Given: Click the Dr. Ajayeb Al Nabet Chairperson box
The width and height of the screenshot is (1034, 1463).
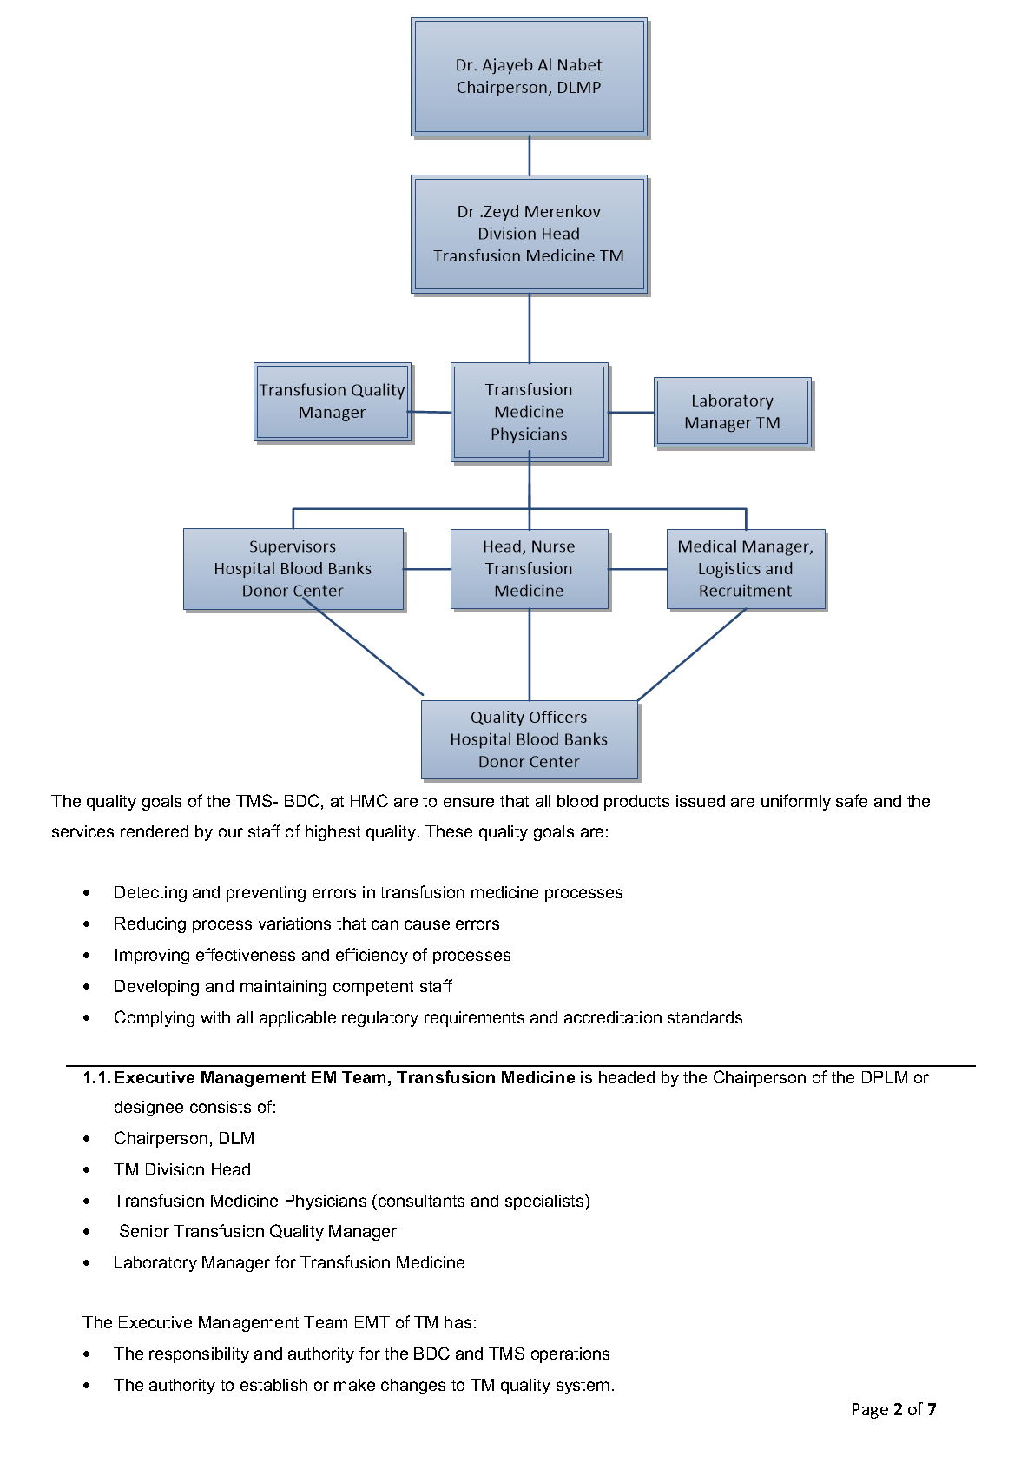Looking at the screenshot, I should pos(529,76).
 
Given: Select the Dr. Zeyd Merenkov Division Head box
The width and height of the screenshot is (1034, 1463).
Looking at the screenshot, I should pos(529,234).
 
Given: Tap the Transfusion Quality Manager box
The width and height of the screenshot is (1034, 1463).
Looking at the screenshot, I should pos(332,401).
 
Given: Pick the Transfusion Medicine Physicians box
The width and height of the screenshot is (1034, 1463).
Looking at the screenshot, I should pos(529,412).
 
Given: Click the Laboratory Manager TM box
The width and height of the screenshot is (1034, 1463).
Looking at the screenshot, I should pos(732,412).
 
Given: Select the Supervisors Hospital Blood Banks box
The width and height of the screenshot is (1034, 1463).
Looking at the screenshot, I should pos(293,568).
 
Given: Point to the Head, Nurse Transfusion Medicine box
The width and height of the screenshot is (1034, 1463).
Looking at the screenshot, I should pos(529,568).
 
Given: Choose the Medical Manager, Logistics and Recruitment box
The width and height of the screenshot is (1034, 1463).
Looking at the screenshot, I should pos(745,568).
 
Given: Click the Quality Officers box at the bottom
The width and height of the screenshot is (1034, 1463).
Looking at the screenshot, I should pos(529,739).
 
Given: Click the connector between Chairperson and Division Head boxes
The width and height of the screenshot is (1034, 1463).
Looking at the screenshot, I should pos(530,156).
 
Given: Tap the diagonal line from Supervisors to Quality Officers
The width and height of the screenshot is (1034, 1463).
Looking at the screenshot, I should pos(363,647).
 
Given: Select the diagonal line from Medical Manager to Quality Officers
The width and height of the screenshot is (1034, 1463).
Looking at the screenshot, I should pos(692,654).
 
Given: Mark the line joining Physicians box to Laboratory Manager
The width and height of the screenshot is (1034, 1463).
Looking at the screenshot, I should pos(630,413).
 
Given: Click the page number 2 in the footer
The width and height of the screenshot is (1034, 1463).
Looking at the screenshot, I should pos(898,1409).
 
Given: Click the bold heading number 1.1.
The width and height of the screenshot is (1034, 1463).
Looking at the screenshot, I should pos(97,1078).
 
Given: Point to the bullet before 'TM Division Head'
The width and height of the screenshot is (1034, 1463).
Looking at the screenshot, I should pos(86,1170).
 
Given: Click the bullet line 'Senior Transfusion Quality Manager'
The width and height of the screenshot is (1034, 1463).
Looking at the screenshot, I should pos(257,1231).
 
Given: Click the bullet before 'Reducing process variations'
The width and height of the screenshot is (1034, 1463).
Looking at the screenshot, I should pos(86,924).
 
